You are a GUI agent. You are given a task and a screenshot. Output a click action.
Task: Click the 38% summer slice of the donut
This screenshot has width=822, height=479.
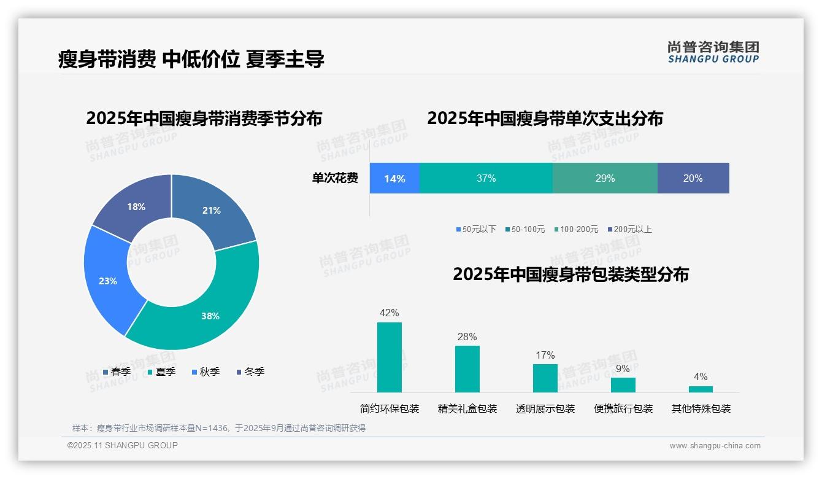[x=209, y=313]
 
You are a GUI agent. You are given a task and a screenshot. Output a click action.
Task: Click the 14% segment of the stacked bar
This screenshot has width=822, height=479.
[x=394, y=178]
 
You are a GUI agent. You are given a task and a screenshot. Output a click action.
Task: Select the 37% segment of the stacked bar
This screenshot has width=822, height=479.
[x=486, y=178]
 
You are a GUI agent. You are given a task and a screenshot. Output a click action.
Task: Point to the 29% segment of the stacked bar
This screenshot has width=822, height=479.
[x=605, y=178]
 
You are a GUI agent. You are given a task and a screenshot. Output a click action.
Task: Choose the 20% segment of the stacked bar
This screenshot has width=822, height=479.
[x=693, y=178]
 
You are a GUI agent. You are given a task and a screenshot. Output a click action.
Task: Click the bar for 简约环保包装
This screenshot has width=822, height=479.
[x=390, y=357]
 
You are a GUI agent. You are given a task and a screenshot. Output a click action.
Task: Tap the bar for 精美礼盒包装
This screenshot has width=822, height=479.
[x=467, y=369]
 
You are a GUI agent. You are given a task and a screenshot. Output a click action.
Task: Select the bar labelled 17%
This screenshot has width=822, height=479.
[x=545, y=378]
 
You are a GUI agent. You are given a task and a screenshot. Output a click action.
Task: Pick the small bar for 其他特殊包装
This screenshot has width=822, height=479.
[x=701, y=389]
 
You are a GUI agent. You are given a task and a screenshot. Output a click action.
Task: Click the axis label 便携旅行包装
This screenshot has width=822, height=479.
[x=623, y=408]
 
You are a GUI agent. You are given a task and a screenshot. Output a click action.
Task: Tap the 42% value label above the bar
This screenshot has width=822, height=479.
[x=390, y=313]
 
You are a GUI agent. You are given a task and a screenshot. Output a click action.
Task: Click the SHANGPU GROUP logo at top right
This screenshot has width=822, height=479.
[x=713, y=52]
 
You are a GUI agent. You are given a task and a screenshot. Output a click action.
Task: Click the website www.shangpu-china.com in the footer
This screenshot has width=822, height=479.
[x=715, y=445]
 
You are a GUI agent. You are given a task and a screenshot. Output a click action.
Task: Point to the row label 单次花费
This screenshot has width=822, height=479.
[x=335, y=178]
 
